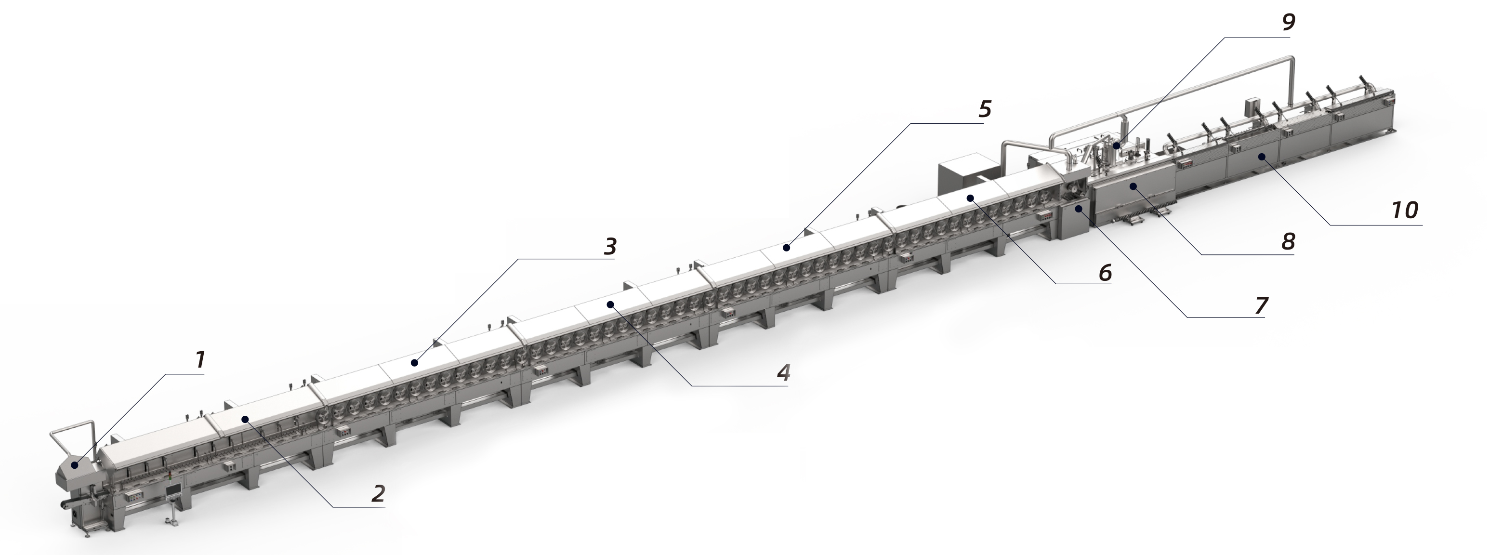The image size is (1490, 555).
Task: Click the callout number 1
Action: [x=199, y=360]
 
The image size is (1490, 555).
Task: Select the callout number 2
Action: [x=378, y=493]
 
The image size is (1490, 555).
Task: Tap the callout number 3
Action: [x=610, y=247]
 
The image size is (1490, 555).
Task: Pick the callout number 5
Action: [x=985, y=109]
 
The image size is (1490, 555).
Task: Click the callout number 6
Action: [x=1105, y=273]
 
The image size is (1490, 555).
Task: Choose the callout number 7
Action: [x=1261, y=305]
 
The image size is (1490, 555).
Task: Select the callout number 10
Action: [x=1404, y=210]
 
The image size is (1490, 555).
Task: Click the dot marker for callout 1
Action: [x=74, y=465]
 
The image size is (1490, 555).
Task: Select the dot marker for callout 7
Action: [x=1078, y=210]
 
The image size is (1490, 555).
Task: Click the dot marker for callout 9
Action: [x=1116, y=145]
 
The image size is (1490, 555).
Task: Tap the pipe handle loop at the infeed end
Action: [x=72, y=434]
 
